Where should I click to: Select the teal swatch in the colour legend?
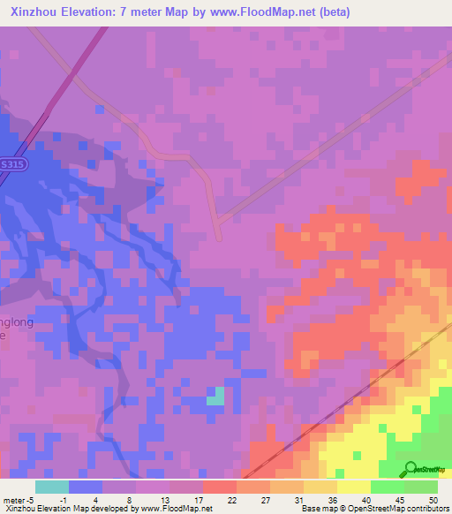(52, 487)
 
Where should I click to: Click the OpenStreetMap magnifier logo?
(411, 469)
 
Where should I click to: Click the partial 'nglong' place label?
(15, 322)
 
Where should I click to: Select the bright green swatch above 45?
(387, 487)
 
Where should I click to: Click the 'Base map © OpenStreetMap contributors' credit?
(374, 509)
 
